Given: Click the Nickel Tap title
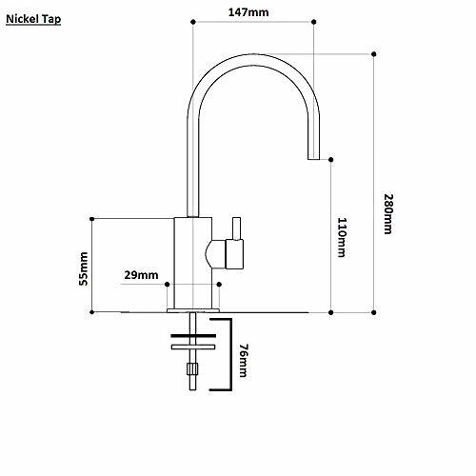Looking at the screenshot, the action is (33, 19).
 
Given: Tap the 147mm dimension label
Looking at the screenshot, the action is (248, 12).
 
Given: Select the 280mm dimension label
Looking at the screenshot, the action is (388, 214).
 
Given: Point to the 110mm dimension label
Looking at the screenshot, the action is (342, 237).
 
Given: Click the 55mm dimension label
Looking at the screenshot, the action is (83, 268).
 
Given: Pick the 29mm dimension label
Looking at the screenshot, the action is (141, 275).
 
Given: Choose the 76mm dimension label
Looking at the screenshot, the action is (244, 360).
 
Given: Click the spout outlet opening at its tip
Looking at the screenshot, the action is (313, 158).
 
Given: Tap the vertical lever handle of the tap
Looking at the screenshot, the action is (236, 228).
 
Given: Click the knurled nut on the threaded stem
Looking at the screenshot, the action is (192, 368).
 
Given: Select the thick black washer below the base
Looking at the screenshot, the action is (193, 336).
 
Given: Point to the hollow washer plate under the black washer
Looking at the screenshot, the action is (193, 347).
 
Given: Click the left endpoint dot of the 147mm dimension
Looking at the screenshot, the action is (193, 22).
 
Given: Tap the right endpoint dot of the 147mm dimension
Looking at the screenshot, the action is (314, 22).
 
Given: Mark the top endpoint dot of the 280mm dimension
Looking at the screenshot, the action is (374, 54).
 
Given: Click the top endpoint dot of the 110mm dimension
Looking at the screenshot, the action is (331, 159).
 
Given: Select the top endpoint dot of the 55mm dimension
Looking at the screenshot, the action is (92, 219).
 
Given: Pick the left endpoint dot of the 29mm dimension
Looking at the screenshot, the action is (168, 285).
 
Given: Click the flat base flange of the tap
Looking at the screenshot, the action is (193, 310).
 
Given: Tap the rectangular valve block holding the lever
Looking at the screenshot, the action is (234, 254).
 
